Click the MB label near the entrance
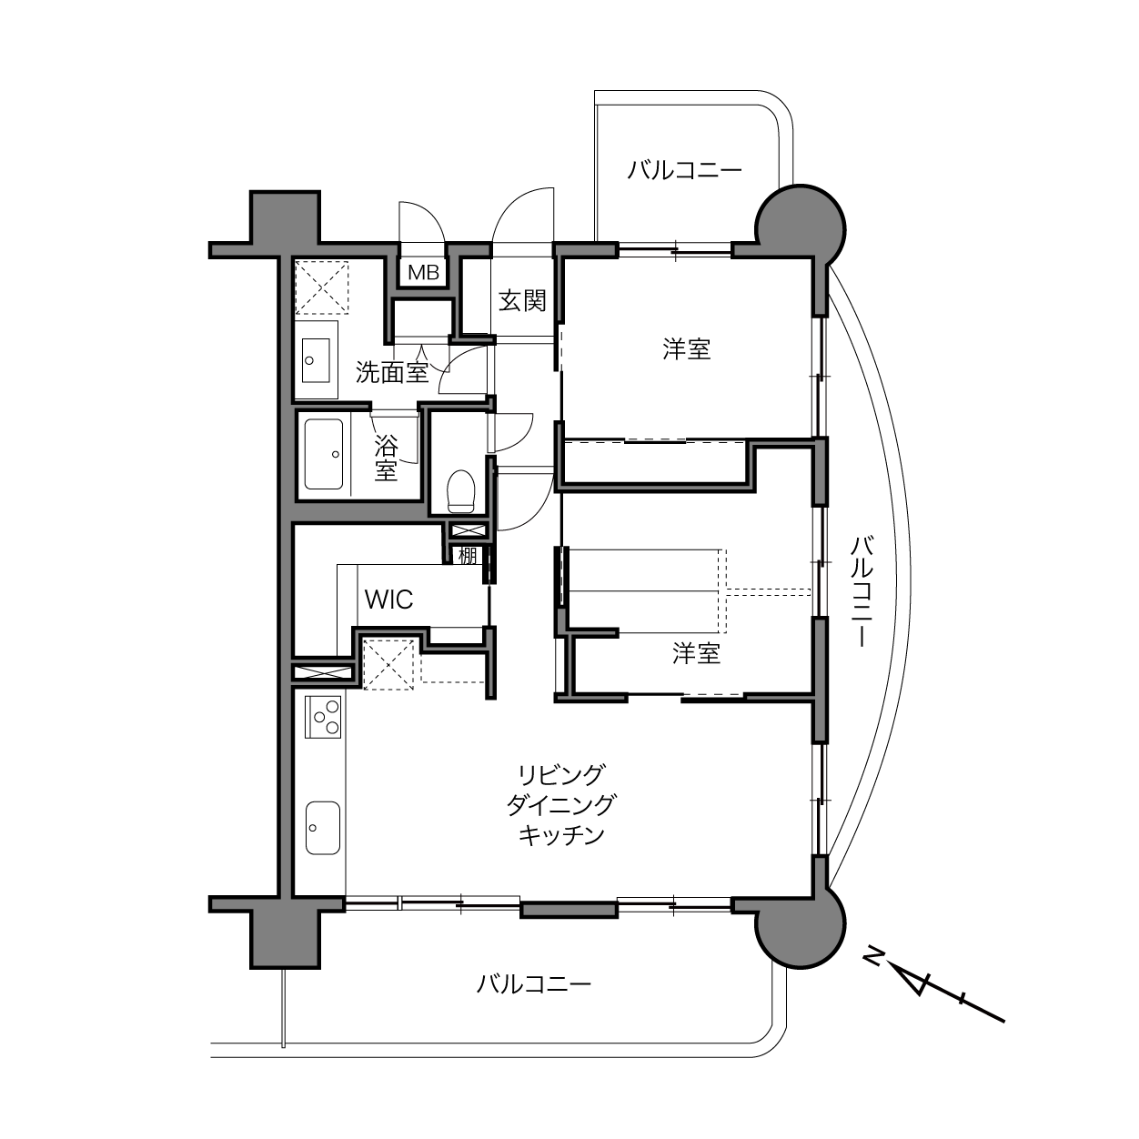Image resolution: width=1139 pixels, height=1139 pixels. tap(423, 273)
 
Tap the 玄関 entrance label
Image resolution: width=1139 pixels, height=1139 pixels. tap(522, 301)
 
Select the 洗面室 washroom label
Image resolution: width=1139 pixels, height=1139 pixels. tap(391, 372)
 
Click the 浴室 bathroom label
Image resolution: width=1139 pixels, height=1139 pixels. tap(386, 459)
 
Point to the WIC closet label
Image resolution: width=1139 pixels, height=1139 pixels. tap(389, 600)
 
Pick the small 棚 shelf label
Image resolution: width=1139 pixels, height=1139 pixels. tap(467, 556)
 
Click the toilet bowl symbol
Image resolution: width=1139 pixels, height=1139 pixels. tap(461, 490)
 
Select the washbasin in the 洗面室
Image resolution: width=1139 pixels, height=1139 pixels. tap(316, 360)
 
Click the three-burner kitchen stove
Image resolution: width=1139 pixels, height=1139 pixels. tap(323, 716)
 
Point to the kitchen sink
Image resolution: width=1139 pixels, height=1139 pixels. tap(323, 828)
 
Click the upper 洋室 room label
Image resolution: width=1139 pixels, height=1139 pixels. tap(686, 348)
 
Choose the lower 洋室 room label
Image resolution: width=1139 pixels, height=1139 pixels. tap(696, 654)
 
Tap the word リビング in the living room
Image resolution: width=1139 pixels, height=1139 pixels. tap(561, 773)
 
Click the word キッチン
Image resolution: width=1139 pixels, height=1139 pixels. tap(561, 835)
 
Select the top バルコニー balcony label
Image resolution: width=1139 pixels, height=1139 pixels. tap(684, 170)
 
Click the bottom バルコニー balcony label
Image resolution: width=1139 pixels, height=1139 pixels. tap(534, 984)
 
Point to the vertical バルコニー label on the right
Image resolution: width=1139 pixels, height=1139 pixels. tap(862, 591)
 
